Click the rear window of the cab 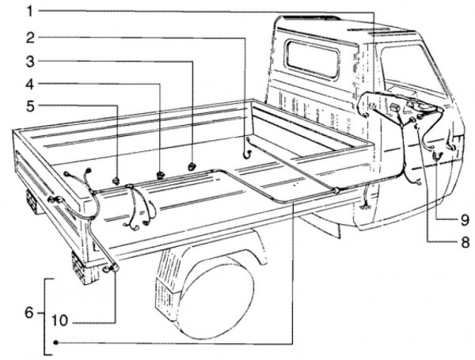(x=312, y=59)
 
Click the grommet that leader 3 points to (x=193, y=165)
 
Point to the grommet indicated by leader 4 (x=161, y=172)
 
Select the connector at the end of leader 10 (x=112, y=269)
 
